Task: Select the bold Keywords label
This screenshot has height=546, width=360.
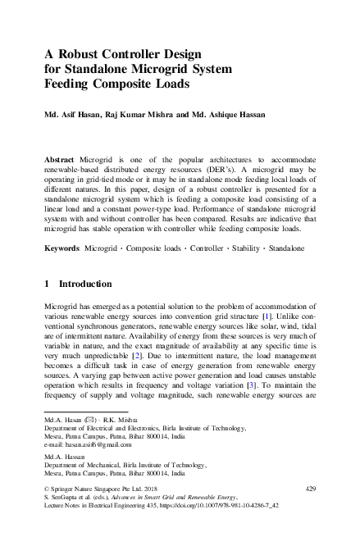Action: click(63, 247)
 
